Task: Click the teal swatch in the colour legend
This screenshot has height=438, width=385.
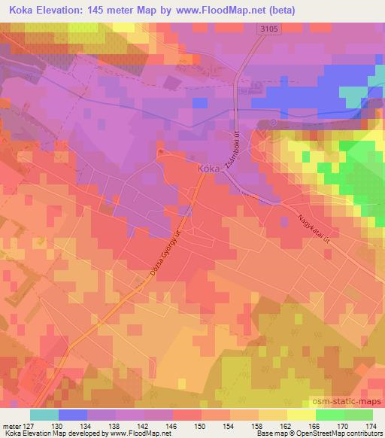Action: click(44, 415)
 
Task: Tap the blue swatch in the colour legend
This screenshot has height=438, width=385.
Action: click(73, 415)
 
